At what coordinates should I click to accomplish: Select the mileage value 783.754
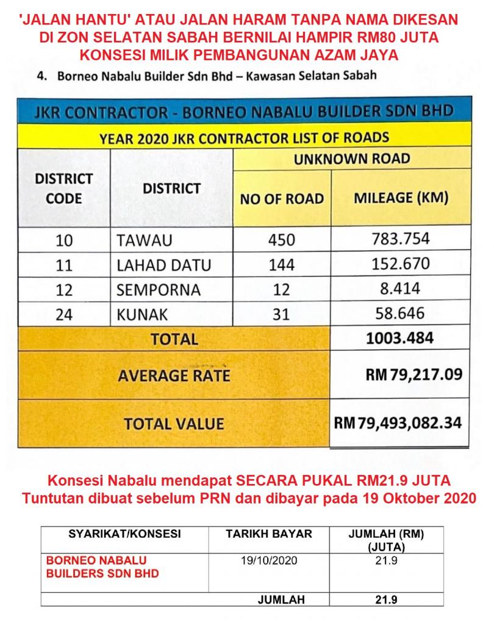pyautogui.click(x=401, y=238)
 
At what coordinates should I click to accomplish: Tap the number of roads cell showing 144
pyautogui.click(x=281, y=265)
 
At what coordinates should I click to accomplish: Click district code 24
pyautogui.click(x=64, y=316)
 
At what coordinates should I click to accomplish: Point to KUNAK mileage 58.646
pyautogui.click(x=401, y=314)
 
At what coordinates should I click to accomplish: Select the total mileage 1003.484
pyautogui.click(x=400, y=338)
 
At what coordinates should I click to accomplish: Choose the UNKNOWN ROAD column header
pyautogui.click(x=352, y=159)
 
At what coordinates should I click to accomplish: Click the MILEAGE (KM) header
pyautogui.click(x=401, y=198)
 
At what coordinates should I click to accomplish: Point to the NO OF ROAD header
pyautogui.click(x=282, y=199)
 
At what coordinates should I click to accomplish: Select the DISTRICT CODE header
pyautogui.click(x=64, y=189)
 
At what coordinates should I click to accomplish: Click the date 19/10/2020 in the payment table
pyautogui.click(x=269, y=560)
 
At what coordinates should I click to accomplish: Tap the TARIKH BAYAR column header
pyautogui.click(x=269, y=534)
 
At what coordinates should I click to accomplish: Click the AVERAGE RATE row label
pyautogui.click(x=174, y=375)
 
